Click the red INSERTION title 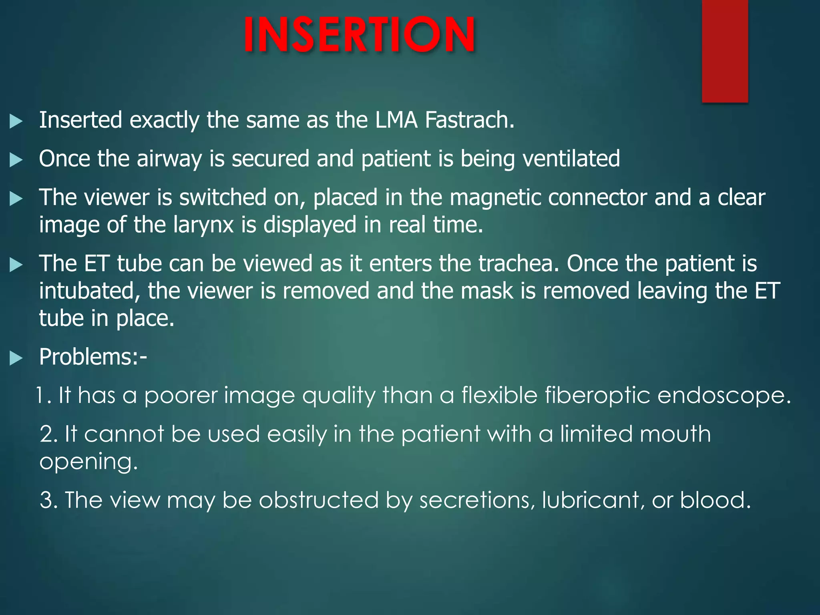pos(360,35)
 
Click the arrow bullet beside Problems pos(16,358)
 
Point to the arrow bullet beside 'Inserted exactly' pos(16,121)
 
